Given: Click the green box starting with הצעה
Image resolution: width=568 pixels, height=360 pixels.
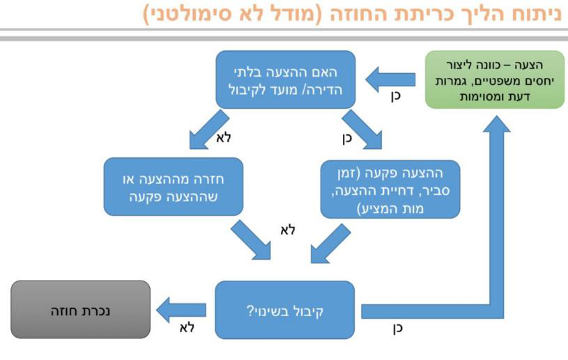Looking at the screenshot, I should pyautogui.click(x=494, y=81).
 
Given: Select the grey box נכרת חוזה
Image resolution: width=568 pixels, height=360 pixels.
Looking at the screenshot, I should pyautogui.click(x=81, y=309).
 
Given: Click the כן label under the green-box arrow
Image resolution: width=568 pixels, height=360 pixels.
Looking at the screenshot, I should pyautogui.click(x=396, y=97).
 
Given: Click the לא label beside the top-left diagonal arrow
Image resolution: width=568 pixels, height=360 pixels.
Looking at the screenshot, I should pyautogui.click(x=223, y=137).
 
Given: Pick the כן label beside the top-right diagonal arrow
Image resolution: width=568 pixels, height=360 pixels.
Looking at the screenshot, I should pyautogui.click(x=347, y=137).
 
